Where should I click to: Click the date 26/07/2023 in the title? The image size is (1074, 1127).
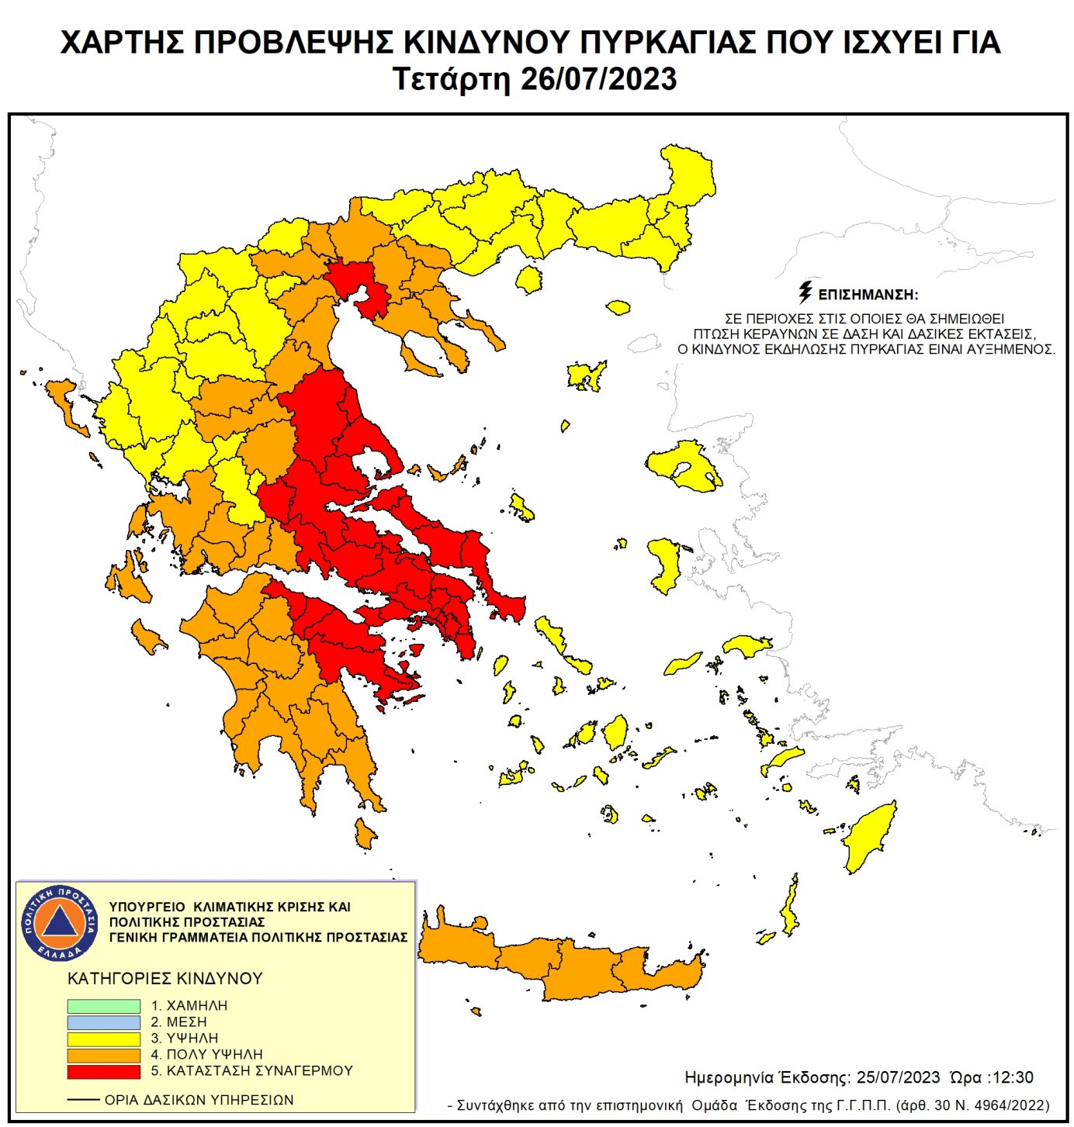598,80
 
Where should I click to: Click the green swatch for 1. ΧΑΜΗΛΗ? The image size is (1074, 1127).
103,1006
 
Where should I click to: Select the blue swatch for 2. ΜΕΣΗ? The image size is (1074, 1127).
103,1022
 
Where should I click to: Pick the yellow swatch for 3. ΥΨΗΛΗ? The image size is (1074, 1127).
103,1039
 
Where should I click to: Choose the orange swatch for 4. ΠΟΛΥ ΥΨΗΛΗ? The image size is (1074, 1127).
103,1055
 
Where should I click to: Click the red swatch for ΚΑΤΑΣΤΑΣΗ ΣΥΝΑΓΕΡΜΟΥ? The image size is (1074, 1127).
103,1071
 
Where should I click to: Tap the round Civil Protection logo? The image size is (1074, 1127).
60,922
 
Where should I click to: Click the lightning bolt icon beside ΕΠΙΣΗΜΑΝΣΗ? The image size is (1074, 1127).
805,292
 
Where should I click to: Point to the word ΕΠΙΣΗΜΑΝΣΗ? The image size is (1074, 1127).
868,295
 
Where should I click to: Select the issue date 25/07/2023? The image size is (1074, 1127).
898,1078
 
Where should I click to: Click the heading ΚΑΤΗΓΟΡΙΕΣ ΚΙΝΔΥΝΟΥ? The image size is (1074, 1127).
165,979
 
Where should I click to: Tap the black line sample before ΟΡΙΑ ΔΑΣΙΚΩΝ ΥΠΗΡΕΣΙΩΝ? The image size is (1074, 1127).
83,1100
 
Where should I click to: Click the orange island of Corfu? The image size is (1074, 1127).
64,404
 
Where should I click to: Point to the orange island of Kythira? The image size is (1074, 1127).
365,834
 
